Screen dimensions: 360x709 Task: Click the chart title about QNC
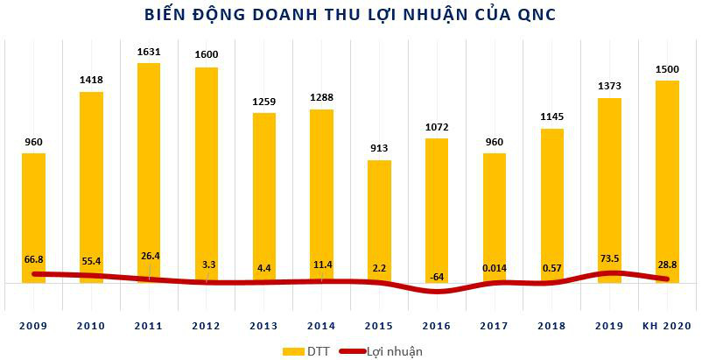click(x=354, y=15)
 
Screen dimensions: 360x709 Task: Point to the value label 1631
click(x=149, y=52)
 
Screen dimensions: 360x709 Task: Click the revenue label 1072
click(x=437, y=127)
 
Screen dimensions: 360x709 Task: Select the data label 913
click(x=379, y=149)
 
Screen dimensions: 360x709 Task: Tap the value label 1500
click(x=668, y=69)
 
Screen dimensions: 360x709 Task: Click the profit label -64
click(x=437, y=278)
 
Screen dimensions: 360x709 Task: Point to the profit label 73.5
click(x=610, y=260)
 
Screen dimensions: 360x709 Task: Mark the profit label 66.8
click(x=33, y=259)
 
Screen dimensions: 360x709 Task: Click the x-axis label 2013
click(x=263, y=325)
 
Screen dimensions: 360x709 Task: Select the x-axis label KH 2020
click(x=668, y=325)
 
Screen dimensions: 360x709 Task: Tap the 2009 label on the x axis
click(x=33, y=325)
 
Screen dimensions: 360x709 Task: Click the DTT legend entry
click(x=312, y=350)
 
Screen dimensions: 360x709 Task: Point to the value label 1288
click(x=321, y=98)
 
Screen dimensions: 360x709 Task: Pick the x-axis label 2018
click(x=552, y=325)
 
